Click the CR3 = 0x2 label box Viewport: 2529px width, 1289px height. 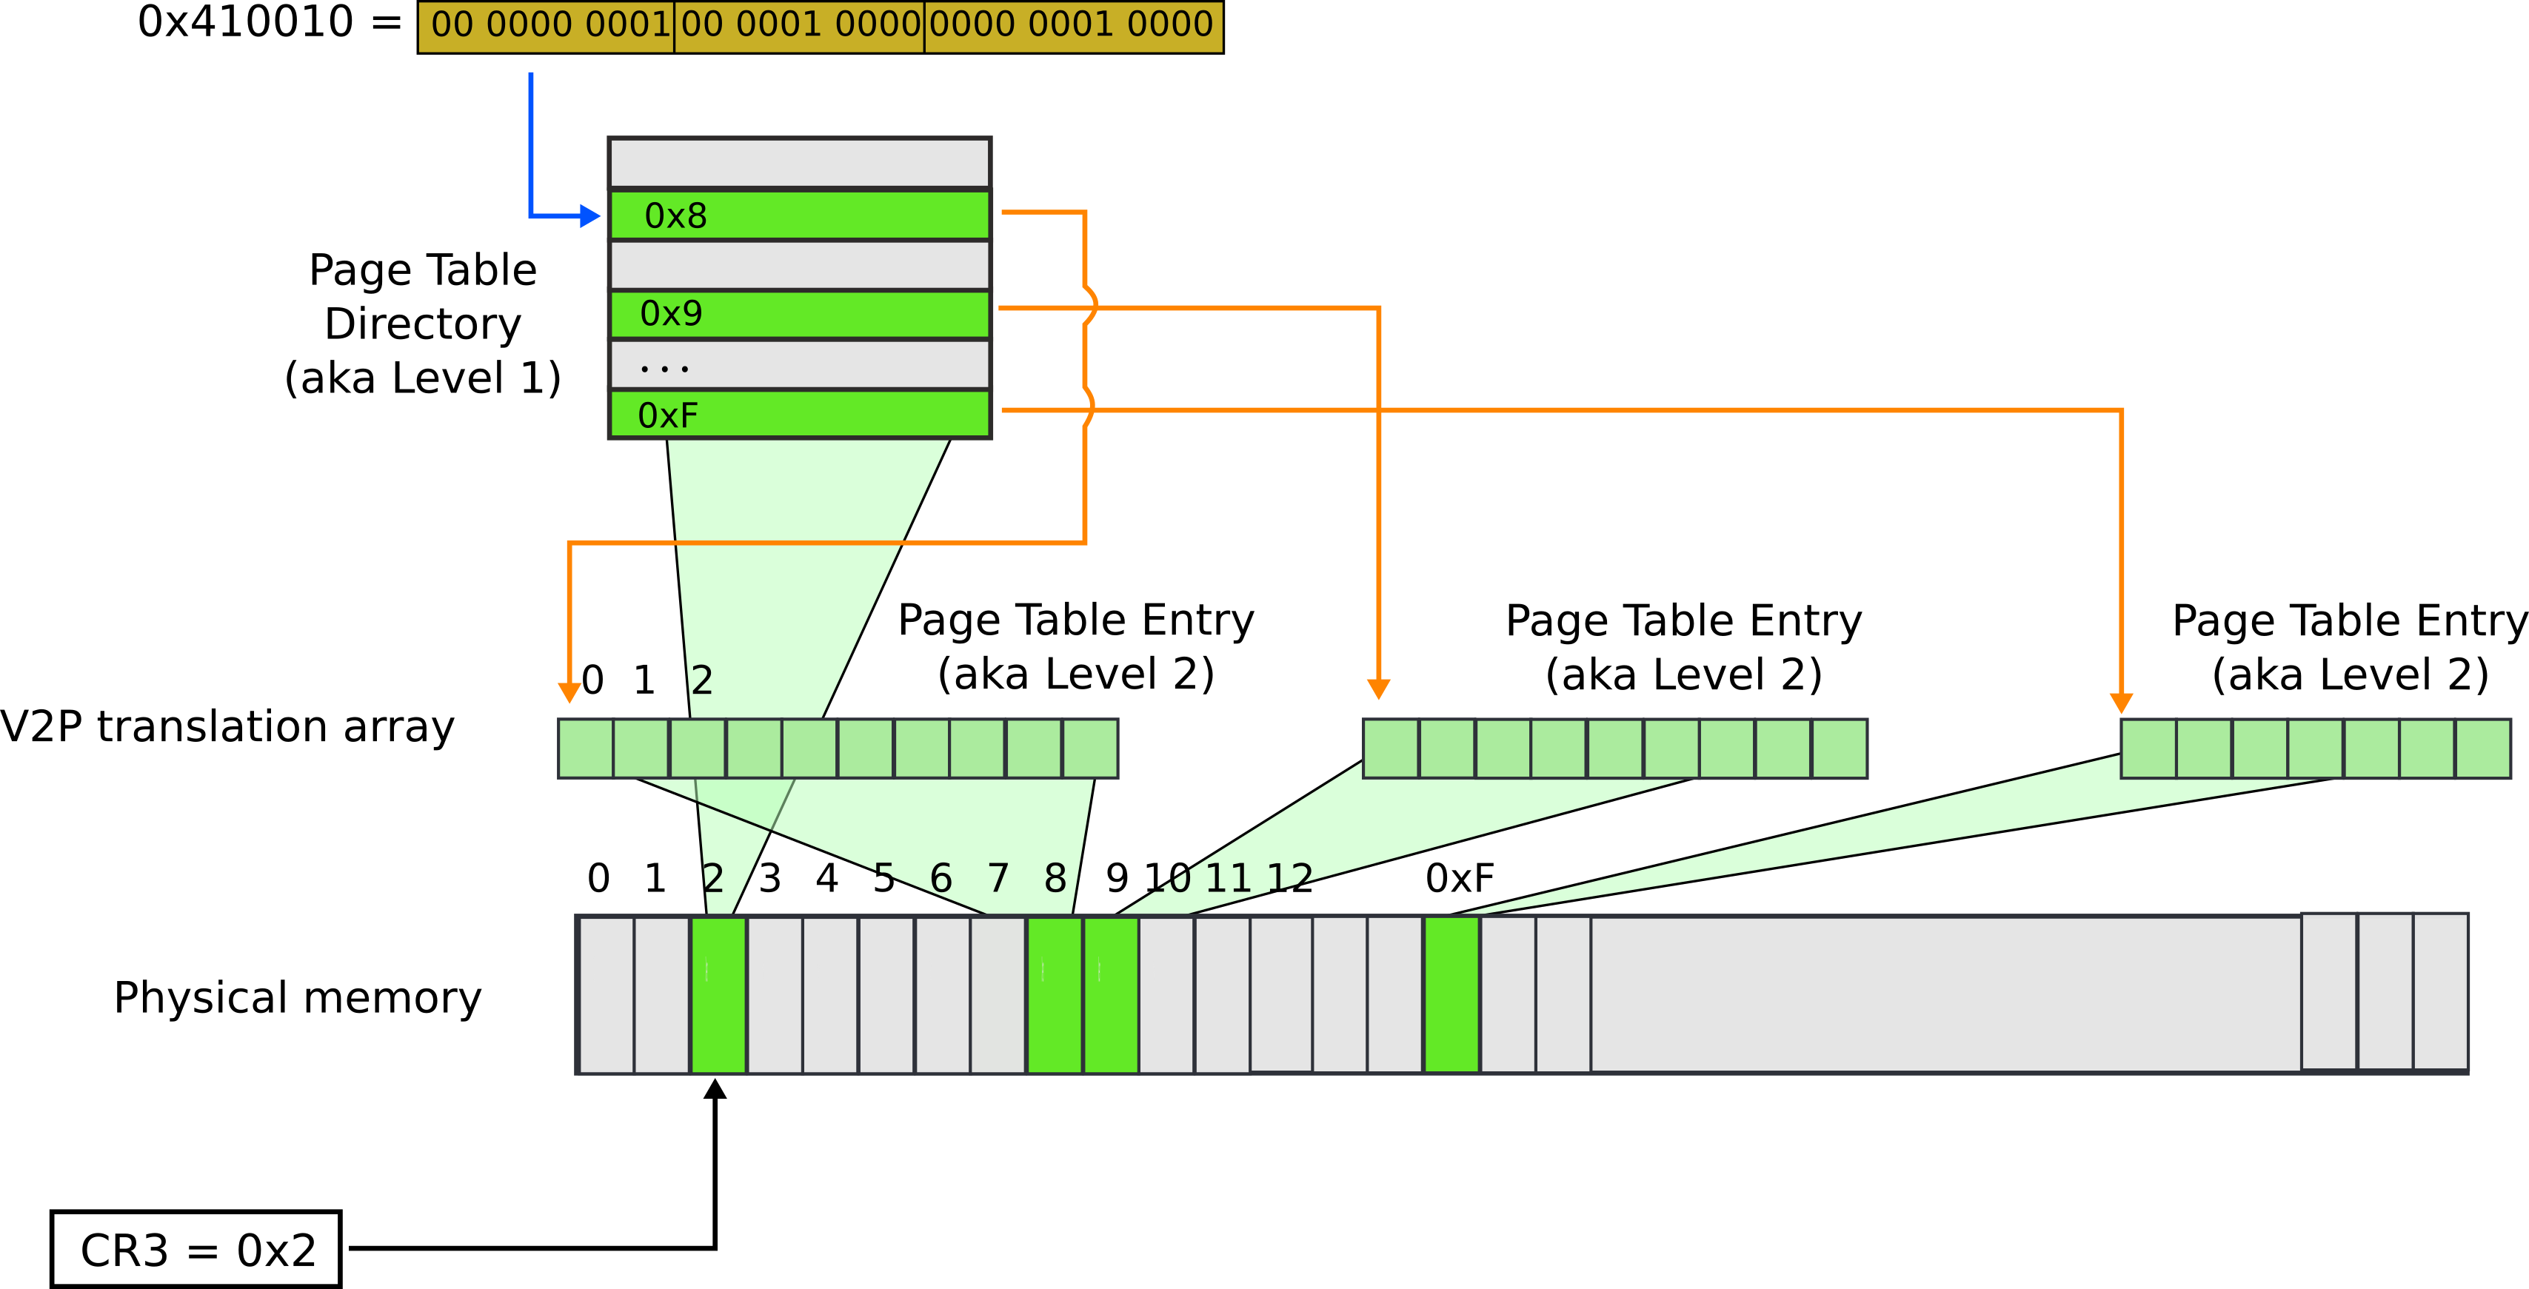click(x=196, y=1249)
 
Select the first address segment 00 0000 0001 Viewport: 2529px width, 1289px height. click(x=547, y=25)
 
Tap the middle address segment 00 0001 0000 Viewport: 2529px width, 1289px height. click(x=799, y=25)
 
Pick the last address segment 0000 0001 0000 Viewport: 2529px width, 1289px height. click(x=1072, y=25)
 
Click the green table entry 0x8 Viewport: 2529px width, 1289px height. click(x=799, y=215)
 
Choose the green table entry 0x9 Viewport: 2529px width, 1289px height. click(x=799, y=314)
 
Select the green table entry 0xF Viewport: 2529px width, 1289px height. click(x=799, y=415)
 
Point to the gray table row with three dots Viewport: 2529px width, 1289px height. click(x=799, y=364)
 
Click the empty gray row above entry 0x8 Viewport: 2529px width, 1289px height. click(x=799, y=163)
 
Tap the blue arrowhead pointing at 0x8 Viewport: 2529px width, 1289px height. click(x=590, y=216)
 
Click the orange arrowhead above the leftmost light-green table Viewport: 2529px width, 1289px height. click(x=569, y=693)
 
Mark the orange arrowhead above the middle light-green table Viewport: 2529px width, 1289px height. click(x=1378, y=689)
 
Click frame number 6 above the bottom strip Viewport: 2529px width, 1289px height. click(x=941, y=877)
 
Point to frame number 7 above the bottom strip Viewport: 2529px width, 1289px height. click(x=998, y=877)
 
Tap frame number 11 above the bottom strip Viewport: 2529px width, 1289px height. click(x=1227, y=877)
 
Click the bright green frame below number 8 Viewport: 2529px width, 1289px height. click(x=1055, y=994)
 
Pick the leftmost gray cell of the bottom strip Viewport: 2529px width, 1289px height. click(x=606, y=994)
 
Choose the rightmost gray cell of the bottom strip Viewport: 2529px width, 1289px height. click(x=2441, y=991)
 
